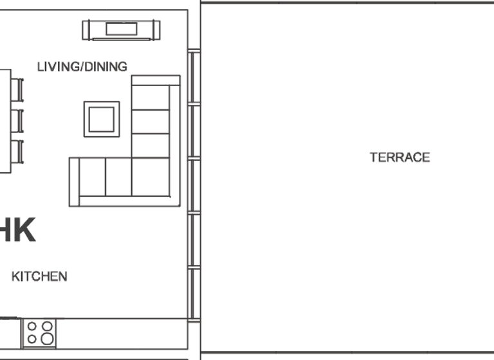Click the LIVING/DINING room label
(x=82, y=66)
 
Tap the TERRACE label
(x=399, y=157)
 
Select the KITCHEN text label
(x=39, y=276)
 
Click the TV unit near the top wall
(x=121, y=30)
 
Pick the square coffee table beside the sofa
(x=102, y=119)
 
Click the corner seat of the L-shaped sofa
(x=151, y=177)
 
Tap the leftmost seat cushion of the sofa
(x=92, y=177)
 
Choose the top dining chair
(x=17, y=89)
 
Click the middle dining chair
(x=17, y=120)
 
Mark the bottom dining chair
(x=17, y=151)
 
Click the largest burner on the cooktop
(x=46, y=338)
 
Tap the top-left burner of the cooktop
(x=32, y=326)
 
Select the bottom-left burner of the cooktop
(x=32, y=339)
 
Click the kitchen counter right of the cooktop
(x=122, y=333)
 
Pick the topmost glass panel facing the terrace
(x=194, y=77)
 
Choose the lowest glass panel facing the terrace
(x=194, y=293)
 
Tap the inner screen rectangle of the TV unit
(x=121, y=28)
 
